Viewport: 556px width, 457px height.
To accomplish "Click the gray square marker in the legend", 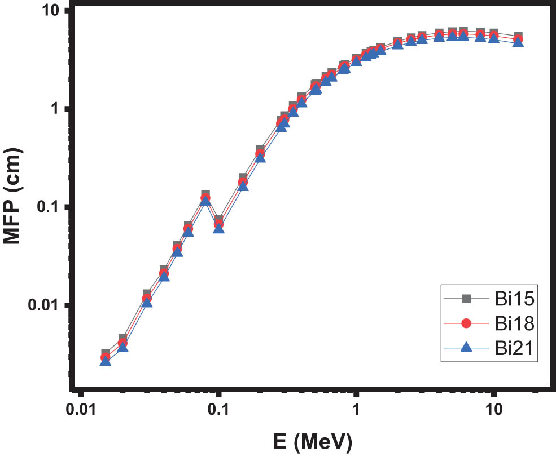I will point(466,298).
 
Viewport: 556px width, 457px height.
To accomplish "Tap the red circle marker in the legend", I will point(466,323).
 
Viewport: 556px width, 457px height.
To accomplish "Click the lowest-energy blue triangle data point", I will point(106,361).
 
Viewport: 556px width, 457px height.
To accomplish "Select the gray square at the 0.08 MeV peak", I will point(205,195).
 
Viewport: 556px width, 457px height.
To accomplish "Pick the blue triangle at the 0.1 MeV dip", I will point(219,229).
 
